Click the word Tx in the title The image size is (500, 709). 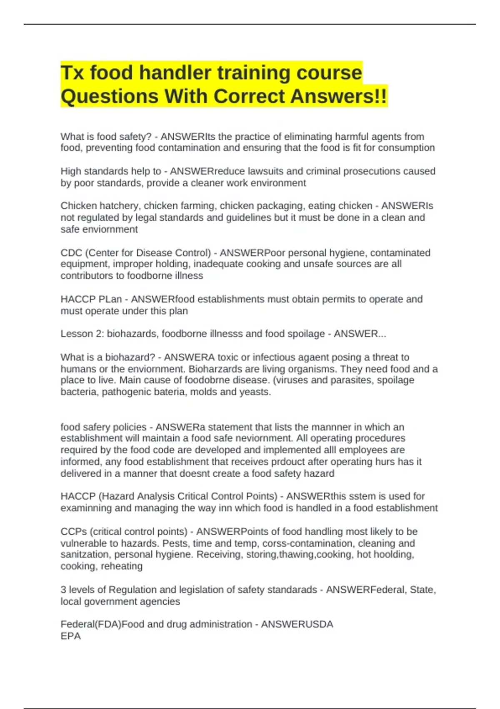72,73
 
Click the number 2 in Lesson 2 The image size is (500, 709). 98,334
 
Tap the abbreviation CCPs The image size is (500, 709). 73,532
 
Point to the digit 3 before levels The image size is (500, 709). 63,590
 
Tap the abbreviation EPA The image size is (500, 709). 70,636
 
